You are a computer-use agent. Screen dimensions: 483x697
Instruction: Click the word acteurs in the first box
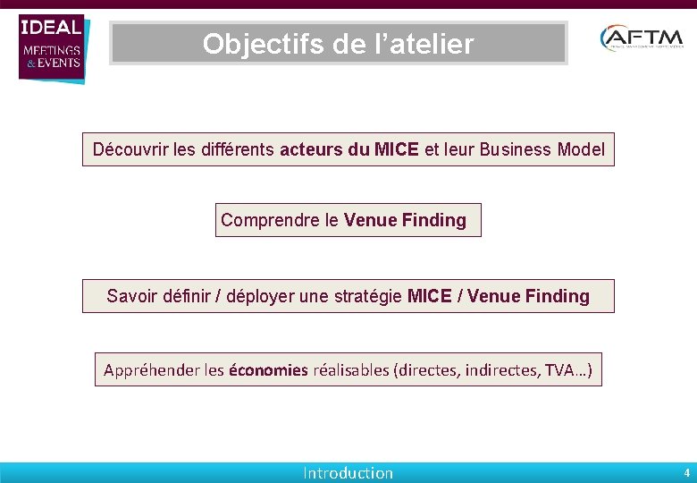312,149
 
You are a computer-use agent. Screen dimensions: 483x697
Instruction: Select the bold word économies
268,369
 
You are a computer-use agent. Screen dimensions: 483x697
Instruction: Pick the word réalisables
350,369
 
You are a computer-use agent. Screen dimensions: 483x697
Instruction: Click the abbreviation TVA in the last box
561,369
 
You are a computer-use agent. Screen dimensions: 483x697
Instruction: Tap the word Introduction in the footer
348,473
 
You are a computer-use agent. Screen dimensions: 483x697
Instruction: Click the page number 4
686,472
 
